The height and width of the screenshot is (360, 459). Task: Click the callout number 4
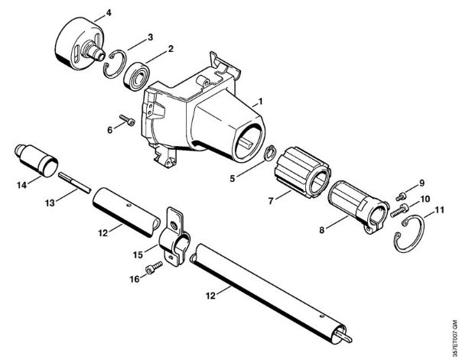106,12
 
